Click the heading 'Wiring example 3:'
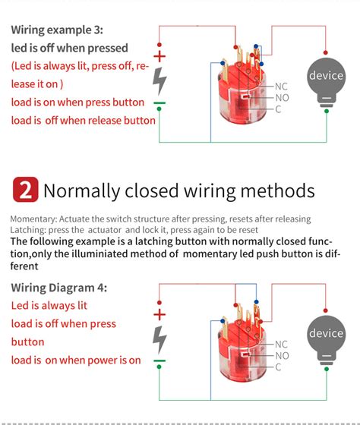[58, 31]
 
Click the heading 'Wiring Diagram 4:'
[59, 288]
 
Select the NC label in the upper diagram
[280, 86]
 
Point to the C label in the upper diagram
[278, 110]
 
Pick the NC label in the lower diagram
[280, 343]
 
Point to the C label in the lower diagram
[278, 367]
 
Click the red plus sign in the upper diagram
[159, 56]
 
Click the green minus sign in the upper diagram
[159, 103]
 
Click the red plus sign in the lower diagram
[159, 313]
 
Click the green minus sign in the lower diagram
[159, 360]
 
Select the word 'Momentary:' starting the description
[33, 219]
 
